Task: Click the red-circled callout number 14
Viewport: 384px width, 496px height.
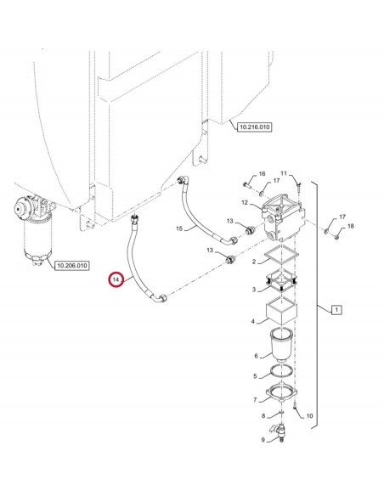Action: (x=116, y=279)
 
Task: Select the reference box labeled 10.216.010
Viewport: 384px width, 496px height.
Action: (x=253, y=127)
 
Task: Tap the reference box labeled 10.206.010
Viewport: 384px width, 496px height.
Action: (x=71, y=266)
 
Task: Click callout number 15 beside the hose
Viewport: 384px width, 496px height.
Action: (x=179, y=229)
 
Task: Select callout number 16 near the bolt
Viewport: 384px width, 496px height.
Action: (x=263, y=173)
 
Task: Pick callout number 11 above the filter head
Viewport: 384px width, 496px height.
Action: (x=285, y=173)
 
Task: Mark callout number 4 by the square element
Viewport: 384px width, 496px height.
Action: (x=253, y=321)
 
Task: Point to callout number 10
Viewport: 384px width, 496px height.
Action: (x=309, y=415)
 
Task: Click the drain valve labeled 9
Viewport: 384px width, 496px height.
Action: (x=280, y=434)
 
